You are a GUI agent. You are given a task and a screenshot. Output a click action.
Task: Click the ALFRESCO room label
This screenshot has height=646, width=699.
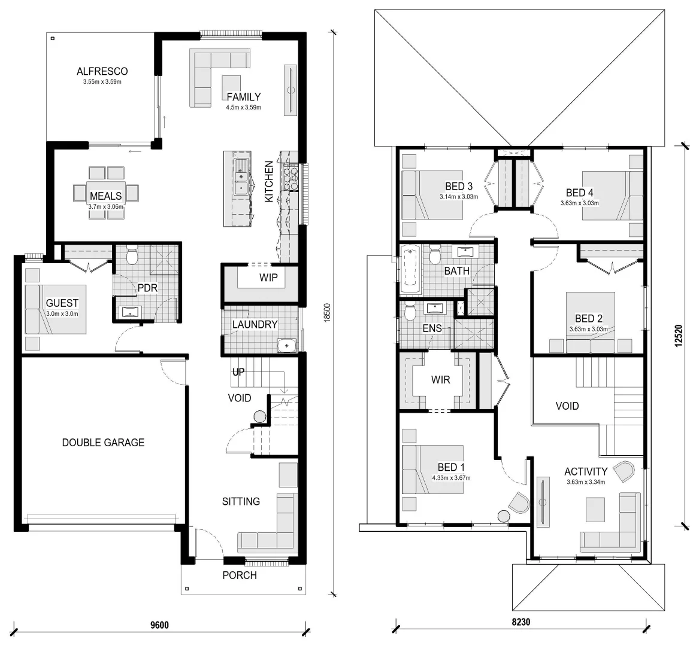pos(102,71)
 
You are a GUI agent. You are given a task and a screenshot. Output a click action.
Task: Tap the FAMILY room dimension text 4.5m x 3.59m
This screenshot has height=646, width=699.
pos(243,108)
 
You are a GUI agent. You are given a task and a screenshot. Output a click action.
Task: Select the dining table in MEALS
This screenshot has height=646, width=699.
pos(106,193)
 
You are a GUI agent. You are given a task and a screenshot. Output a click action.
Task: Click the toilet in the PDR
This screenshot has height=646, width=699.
pos(132,256)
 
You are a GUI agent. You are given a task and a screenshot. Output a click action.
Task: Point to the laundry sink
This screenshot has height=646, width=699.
pos(287,345)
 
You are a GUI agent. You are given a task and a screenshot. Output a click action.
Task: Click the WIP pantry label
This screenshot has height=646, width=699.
pos(268,278)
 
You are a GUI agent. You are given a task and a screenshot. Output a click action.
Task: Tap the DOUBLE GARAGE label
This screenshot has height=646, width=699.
pos(103,443)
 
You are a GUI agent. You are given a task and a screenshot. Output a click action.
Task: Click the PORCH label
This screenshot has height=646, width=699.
pos(240,575)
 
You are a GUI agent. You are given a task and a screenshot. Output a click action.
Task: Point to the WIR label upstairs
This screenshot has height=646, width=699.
pos(440,380)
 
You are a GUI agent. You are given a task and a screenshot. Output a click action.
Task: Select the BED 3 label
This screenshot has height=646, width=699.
pos(459,186)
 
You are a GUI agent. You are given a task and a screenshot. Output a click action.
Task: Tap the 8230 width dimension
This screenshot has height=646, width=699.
pos(521,622)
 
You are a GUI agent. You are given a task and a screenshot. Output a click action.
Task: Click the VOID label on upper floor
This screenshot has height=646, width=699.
pos(567,406)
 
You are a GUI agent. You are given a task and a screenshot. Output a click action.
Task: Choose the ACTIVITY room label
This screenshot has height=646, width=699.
pos(585,471)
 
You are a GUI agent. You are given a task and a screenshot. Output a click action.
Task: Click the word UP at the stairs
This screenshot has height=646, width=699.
pos(239,373)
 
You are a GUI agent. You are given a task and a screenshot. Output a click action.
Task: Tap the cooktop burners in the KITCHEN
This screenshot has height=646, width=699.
pos(291,174)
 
